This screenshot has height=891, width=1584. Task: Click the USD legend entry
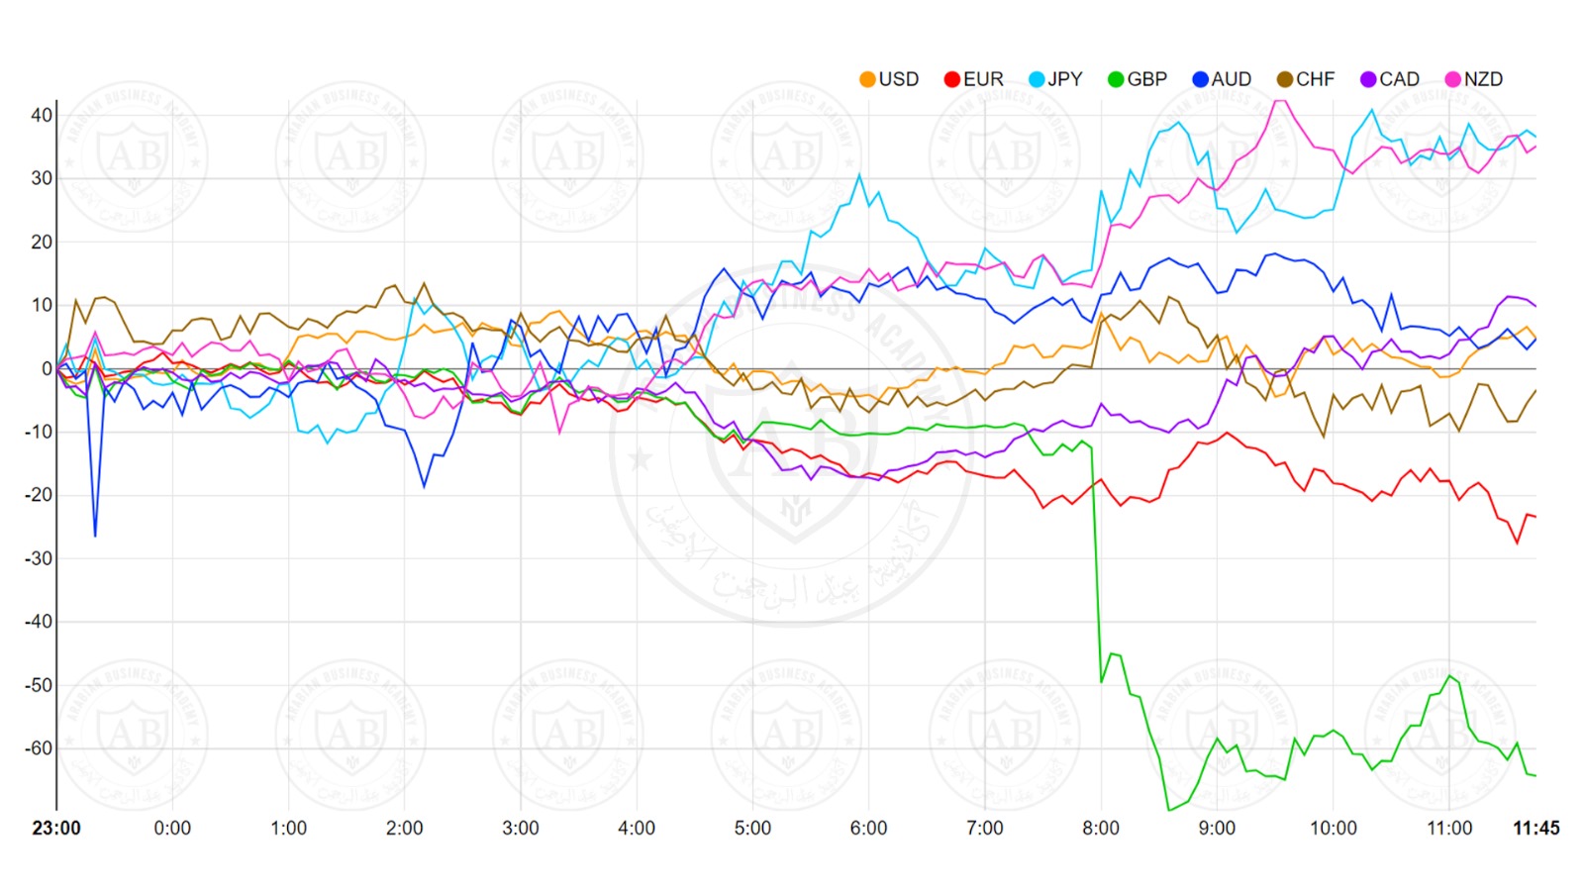click(889, 79)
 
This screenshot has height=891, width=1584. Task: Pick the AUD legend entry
click(1222, 79)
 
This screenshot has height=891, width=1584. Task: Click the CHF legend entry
click(1306, 79)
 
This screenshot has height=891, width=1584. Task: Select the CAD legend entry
click(1390, 79)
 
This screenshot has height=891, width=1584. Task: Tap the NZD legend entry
click(1474, 79)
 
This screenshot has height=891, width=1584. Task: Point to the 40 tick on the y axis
click(41, 115)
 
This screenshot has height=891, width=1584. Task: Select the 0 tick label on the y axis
click(47, 368)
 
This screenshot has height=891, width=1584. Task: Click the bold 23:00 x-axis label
click(56, 828)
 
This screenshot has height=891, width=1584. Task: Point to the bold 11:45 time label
click(1535, 828)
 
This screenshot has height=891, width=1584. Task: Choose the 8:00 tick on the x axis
click(1101, 828)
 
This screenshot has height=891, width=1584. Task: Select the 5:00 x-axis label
click(752, 828)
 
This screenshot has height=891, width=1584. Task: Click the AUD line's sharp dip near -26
click(95, 536)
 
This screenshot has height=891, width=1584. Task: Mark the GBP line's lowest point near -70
click(1169, 810)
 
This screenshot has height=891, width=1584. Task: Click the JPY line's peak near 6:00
click(859, 175)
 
